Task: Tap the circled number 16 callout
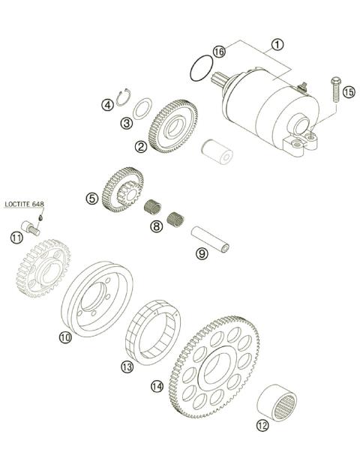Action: pyautogui.click(x=218, y=52)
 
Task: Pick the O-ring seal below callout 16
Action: pyautogui.click(x=199, y=70)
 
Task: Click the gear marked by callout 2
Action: pyautogui.click(x=173, y=122)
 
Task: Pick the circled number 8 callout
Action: pyautogui.click(x=156, y=226)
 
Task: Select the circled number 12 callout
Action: pyautogui.click(x=262, y=427)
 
